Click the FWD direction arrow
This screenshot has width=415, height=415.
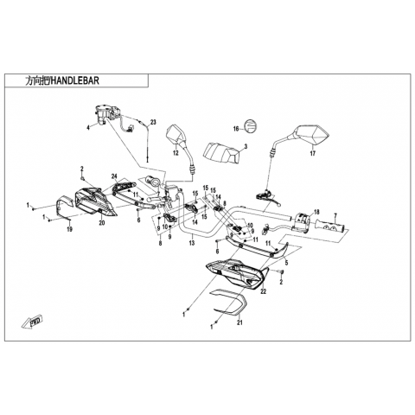click(32, 322)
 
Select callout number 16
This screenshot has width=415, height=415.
click(236, 129)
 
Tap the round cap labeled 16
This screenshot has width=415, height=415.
click(250, 126)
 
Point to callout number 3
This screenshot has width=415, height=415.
click(246, 147)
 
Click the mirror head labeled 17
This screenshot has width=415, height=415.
click(312, 135)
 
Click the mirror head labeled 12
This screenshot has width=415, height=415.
click(176, 135)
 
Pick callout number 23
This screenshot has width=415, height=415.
click(153, 122)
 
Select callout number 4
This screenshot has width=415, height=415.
click(89, 127)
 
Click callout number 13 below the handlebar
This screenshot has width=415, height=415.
click(192, 243)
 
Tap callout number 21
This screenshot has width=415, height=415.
click(239, 322)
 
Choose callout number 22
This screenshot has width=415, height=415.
click(263, 291)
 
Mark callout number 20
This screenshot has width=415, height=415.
click(102, 222)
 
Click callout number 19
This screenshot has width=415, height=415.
click(69, 229)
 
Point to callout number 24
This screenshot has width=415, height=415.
click(115, 176)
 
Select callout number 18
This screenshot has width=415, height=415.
click(316, 213)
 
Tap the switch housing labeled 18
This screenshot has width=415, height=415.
click(302, 221)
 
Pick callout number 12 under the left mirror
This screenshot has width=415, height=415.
click(176, 153)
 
